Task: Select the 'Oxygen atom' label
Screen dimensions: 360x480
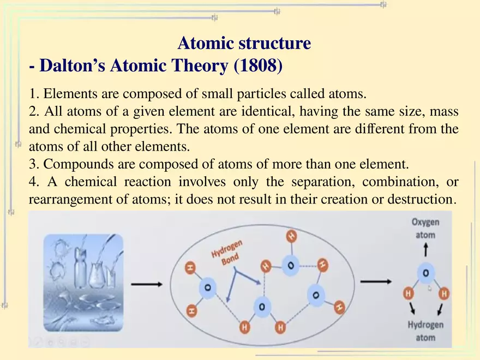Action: tap(425, 229)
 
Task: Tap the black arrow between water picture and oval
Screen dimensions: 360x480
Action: tap(146, 284)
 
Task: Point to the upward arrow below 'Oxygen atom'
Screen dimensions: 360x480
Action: tap(425, 251)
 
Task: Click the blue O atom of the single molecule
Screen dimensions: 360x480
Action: tap(425, 273)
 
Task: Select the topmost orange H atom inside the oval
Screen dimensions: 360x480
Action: tap(291, 236)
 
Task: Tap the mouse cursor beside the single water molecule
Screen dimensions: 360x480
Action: tap(429, 287)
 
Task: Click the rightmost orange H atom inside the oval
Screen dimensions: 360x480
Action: tap(339, 308)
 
